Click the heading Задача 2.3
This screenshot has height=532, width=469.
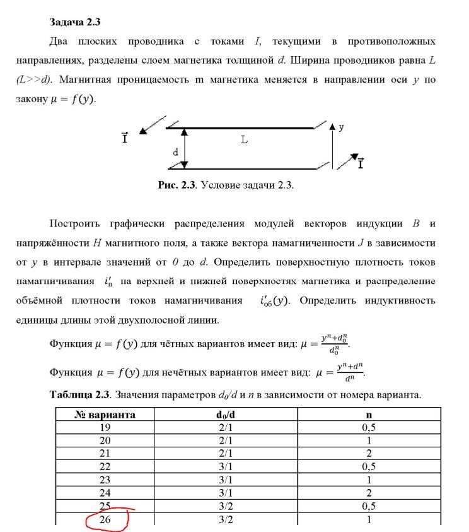(x=75, y=22)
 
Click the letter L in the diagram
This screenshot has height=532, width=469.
(x=244, y=140)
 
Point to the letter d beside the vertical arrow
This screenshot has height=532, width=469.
(x=176, y=152)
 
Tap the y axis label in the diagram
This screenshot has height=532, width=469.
(x=341, y=126)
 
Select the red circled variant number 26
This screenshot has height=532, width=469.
(x=105, y=520)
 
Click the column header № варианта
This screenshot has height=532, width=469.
(x=105, y=415)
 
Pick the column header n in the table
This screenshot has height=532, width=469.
(x=369, y=415)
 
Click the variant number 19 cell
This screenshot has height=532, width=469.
(x=105, y=427)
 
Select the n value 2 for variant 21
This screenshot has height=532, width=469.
(x=369, y=454)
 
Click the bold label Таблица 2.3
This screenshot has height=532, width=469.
(x=79, y=395)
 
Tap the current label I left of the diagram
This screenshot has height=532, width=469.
(x=125, y=137)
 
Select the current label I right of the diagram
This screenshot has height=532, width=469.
(x=360, y=165)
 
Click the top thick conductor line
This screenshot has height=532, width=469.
(x=240, y=128)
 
